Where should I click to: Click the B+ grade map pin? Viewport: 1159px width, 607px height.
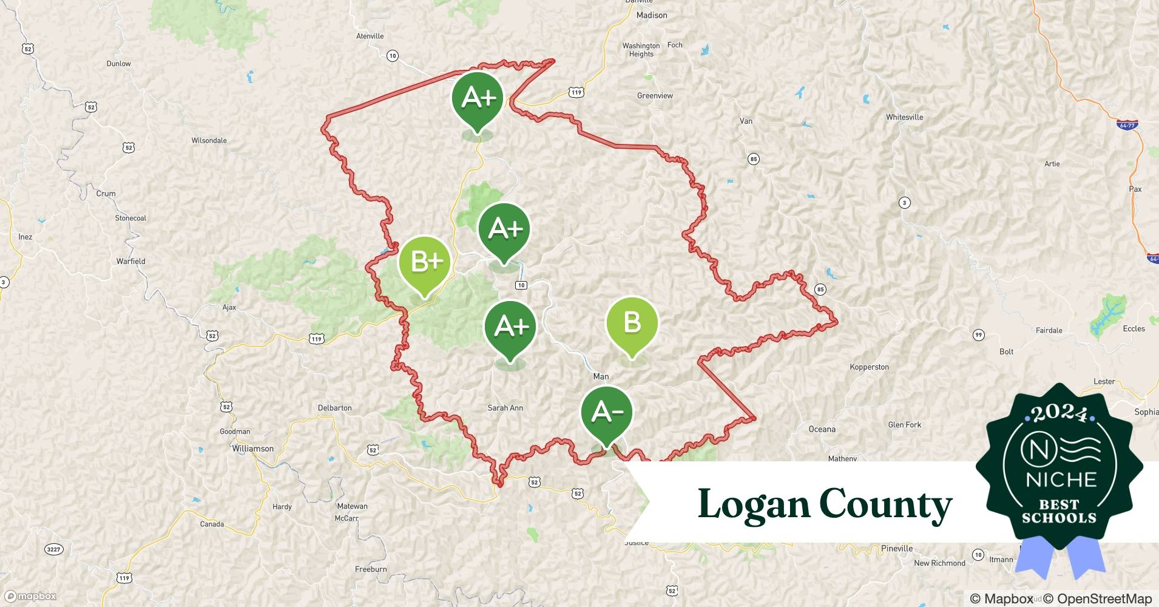coord(425,262)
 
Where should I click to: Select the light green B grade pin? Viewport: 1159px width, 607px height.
coord(632,323)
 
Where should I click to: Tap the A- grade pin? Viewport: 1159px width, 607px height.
coord(606,413)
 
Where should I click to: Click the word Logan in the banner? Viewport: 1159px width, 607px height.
coord(753,504)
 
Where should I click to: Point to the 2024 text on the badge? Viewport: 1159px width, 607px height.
coord(1059,413)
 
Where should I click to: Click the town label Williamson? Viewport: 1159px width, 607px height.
coord(252,449)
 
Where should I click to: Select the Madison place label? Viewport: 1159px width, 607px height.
coord(651,15)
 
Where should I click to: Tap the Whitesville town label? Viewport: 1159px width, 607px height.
coord(904,117)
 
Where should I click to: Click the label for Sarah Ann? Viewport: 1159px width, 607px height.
coord(505,408)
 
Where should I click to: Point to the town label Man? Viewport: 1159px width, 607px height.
coord(601,376)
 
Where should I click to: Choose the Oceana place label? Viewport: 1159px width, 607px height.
coord(822,429)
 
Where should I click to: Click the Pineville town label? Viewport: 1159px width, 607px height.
coord(896,548)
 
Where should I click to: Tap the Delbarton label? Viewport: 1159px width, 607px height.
coord(334,408)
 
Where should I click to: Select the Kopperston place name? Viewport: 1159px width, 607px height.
coord(869,367)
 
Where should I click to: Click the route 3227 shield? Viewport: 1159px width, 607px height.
coord(53,549)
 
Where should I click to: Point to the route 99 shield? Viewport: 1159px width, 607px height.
coord(978,335)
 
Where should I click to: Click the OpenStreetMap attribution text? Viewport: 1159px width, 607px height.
coord(1097,599)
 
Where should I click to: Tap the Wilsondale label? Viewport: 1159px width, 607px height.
coord(209,140)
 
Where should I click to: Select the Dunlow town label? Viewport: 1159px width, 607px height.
coord(118,63)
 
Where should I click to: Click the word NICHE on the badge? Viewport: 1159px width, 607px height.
coord(1061,480)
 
